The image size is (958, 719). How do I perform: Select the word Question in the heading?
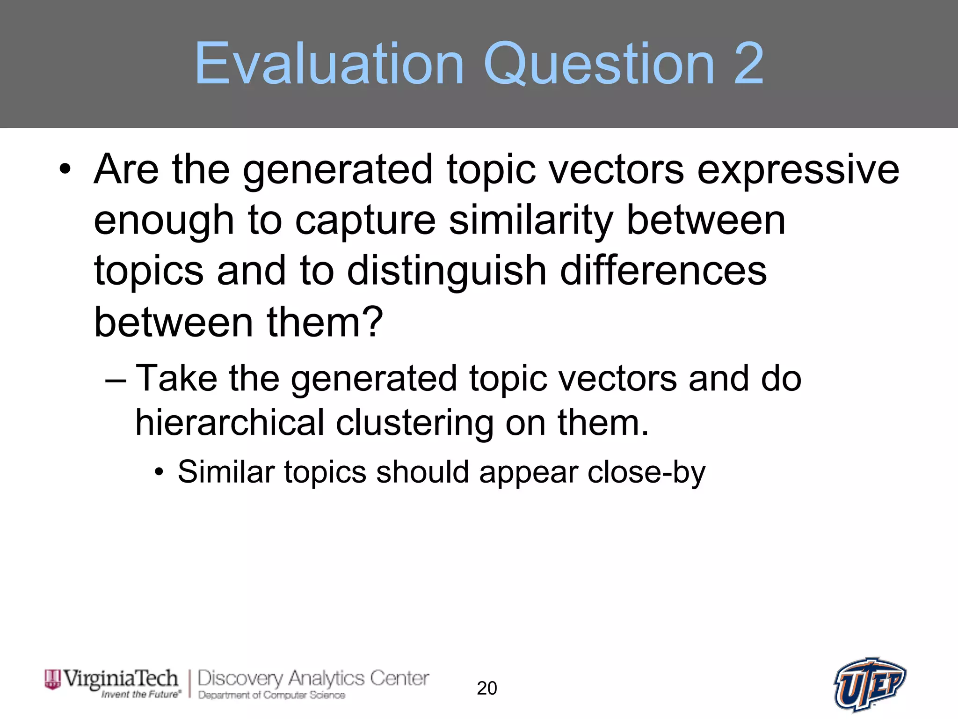(x=599, y=64)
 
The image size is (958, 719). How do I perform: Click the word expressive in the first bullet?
(x=798, y=169)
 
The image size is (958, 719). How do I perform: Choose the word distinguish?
(x=447, y=271)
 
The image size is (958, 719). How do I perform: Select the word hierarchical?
(x=230, y=422)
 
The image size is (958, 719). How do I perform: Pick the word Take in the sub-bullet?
(x=176, y=378)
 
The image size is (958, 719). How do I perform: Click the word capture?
(x=365, y=221)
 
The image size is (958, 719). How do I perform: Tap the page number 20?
(x=486, y=688)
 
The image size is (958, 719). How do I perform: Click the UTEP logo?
(x=870, y=684)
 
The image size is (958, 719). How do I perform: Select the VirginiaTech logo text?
(x=120, y=678)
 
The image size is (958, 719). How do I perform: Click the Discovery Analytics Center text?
(x=313, y=679)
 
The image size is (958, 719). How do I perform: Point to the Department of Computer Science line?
(x=271, y=695)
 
